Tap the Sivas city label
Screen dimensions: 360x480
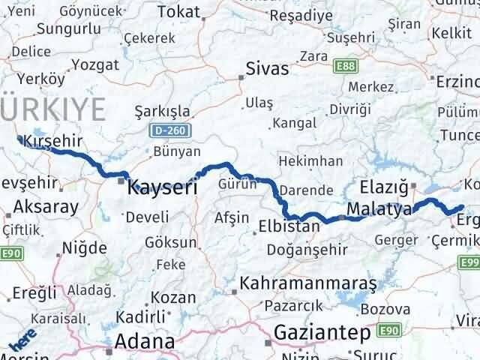(x=267, y=70)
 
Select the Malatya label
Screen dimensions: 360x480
(x=379, y=209)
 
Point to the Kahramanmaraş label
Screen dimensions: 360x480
(x=307, y=285)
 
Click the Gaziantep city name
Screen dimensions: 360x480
(x=322, y=331)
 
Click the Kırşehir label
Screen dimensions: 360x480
(x=52, y=140)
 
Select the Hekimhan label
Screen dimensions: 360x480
(x=310, y=161)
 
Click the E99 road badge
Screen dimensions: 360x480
(x=470, y=260)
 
